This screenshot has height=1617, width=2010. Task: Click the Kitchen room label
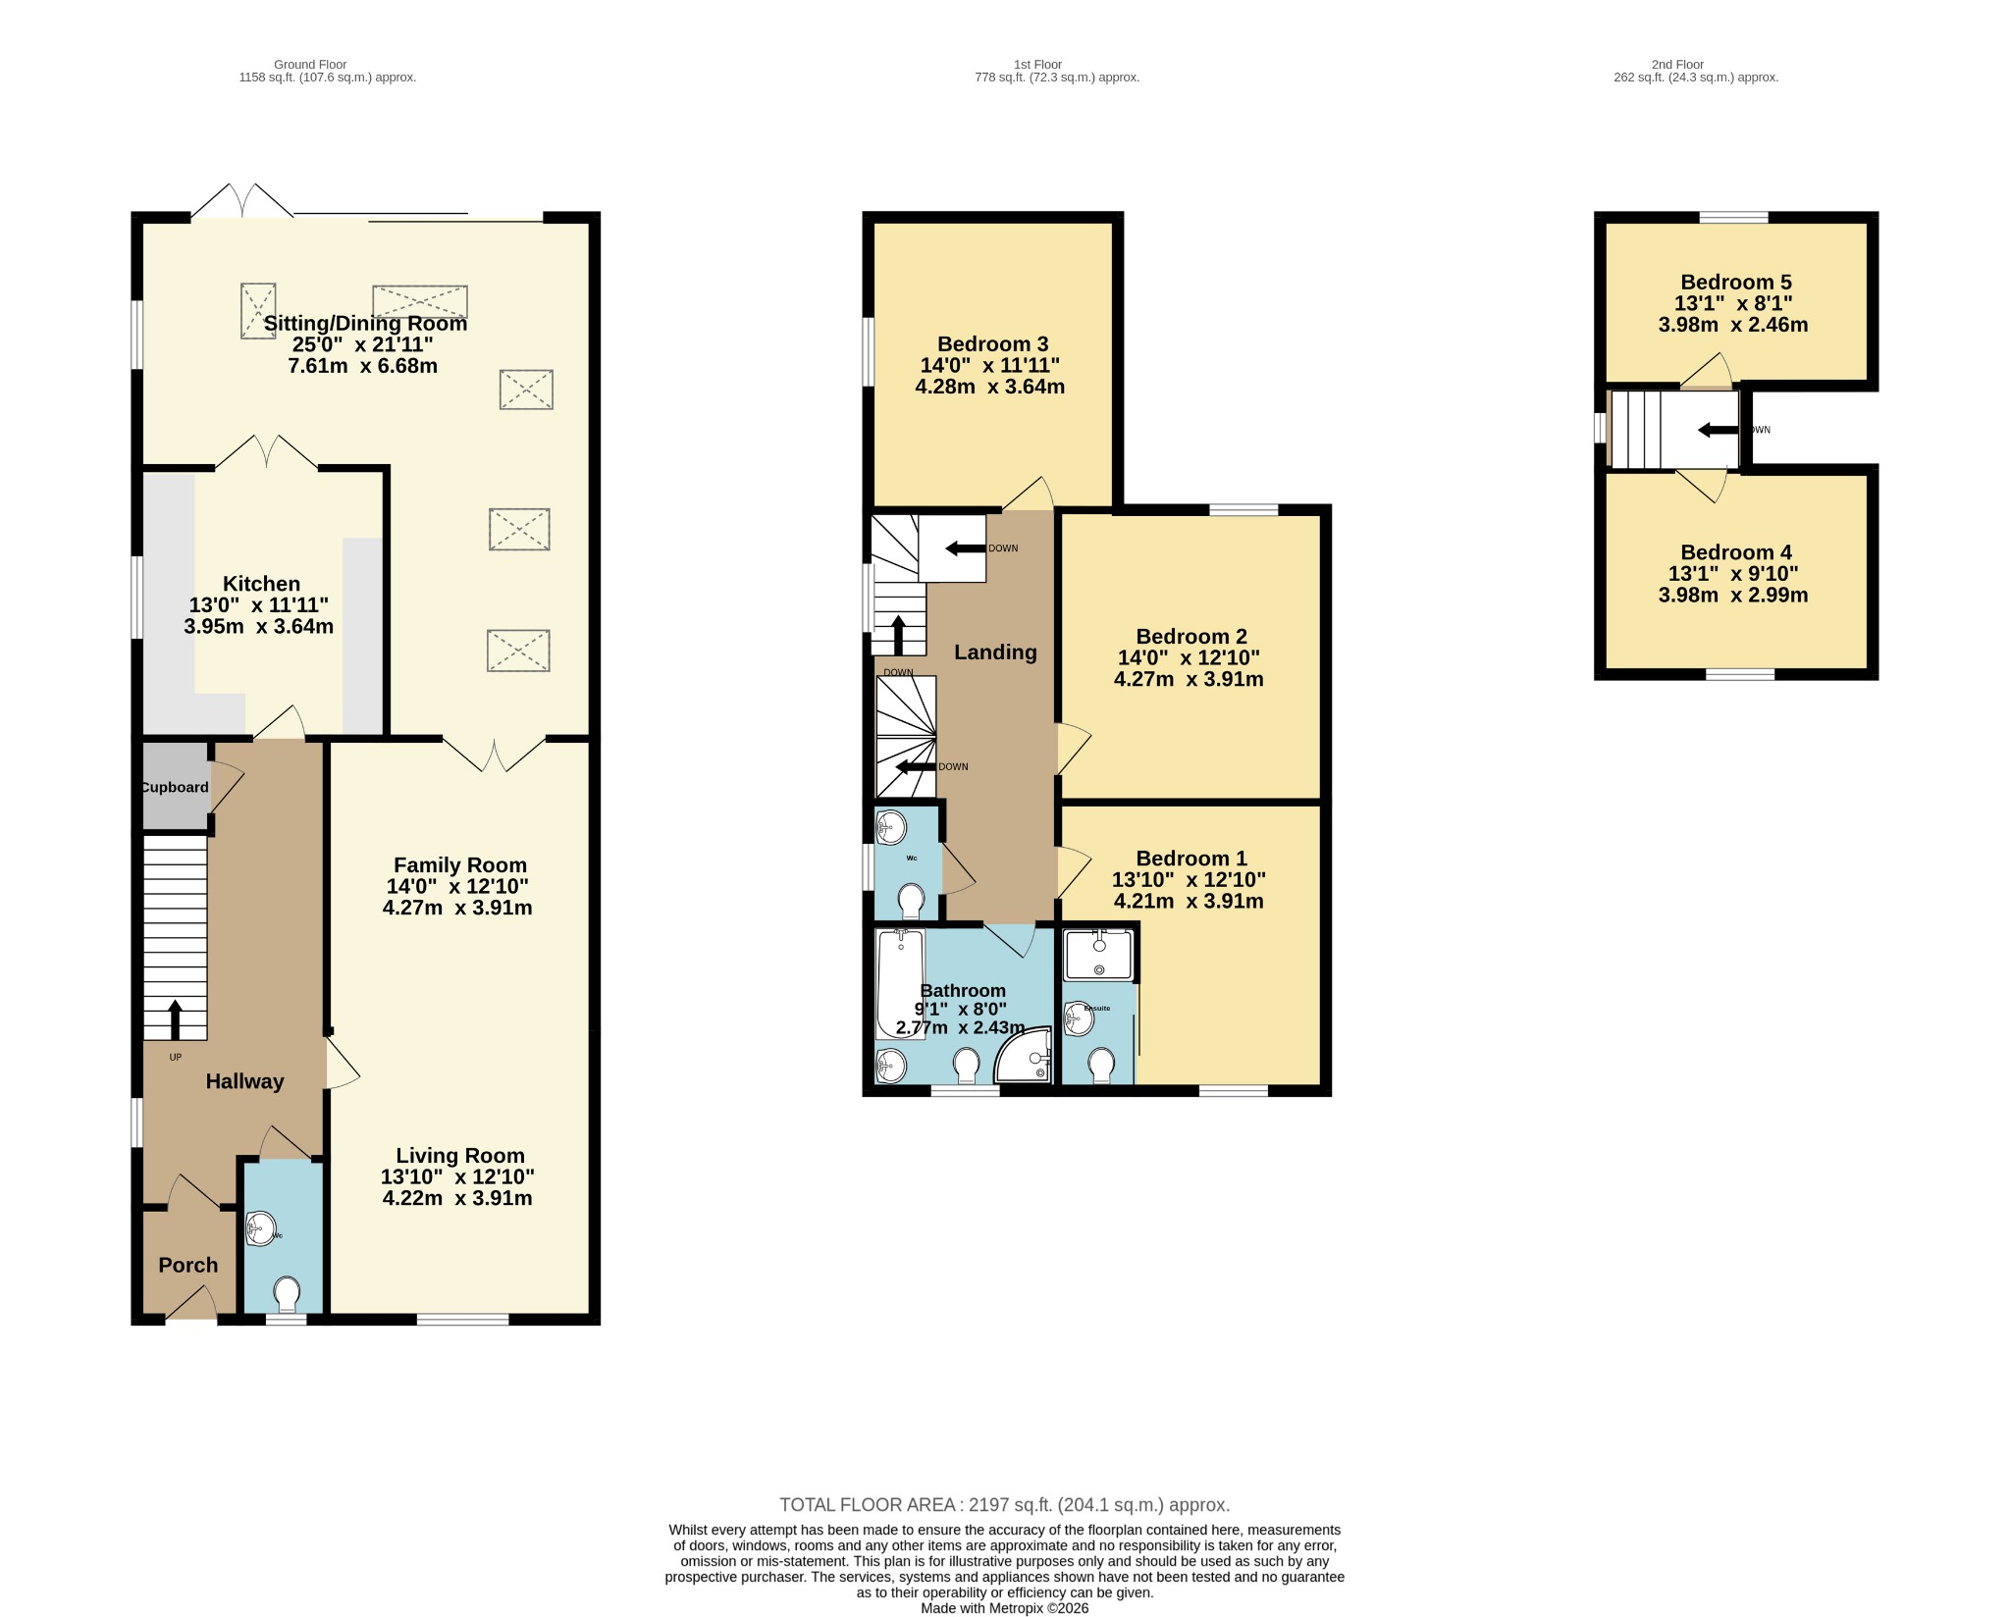pyautogui.click(x=261, y=584)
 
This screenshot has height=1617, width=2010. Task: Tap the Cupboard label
pyautogui.click(x=175, y=787)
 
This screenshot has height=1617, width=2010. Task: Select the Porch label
pyautogui.click(x=188, y=1266)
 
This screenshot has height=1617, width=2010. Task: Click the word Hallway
pyautogui.click(x=244, y=1081)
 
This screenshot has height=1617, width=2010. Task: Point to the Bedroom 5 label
pyautogui.click(x=1736, y=283)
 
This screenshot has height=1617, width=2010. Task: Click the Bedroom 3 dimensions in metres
pyautogui.click(x=989, y=387)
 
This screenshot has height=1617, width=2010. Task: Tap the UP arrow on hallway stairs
pyautogui.click(x=176, y=1019)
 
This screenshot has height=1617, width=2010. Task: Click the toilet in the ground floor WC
pyautogui.click(x=288, y=1293)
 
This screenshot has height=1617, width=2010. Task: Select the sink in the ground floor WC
pyautogui.click(x=260, y=1229)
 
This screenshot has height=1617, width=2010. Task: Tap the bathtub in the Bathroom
pyautogui.click(x=900, y=984)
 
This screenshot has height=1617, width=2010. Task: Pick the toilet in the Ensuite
pyautogui.click(x=1101, y=1066)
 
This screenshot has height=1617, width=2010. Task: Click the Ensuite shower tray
pyautogui.click(x=1099, y=954)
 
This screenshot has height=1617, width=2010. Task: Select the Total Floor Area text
pyautogui.click(x=1004, y=1505)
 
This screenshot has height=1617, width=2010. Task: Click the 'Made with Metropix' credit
pyautogui.click(x=1004, y=1608)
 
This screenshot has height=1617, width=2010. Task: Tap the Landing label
pyautogui.click(x=995, y=652)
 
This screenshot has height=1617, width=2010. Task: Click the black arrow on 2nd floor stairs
pyautogui.click(x=1717, y=430)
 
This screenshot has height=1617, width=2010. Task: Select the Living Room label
pyautogui.click(x=459, y=1156)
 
